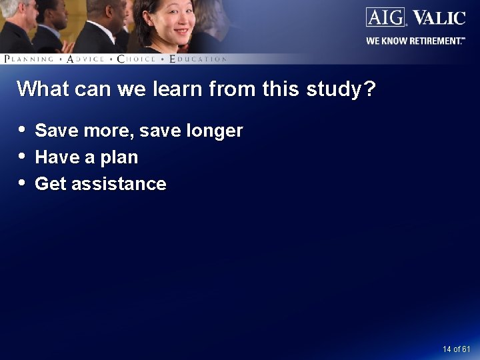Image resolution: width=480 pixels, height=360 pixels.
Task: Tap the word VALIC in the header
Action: coord(438,17)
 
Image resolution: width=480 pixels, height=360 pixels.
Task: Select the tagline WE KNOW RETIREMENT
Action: coord(415,41)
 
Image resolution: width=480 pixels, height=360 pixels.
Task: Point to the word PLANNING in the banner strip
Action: coord(29,59)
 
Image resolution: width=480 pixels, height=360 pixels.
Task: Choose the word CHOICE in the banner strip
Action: coord(136,59)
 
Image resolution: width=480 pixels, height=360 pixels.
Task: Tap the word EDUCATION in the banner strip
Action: coord(198,59)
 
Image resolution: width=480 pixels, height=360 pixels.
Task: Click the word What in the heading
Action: coord(41,89)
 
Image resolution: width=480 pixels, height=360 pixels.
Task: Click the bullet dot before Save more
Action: coord(23,129)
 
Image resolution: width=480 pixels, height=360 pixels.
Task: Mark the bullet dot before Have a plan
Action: coord(23,155)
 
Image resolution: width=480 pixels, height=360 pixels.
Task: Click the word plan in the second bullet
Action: coord(119,158)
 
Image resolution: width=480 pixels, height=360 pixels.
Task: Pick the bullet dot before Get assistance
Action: coord(23,182)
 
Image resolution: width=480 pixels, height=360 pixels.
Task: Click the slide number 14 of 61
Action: coord(456,349)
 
